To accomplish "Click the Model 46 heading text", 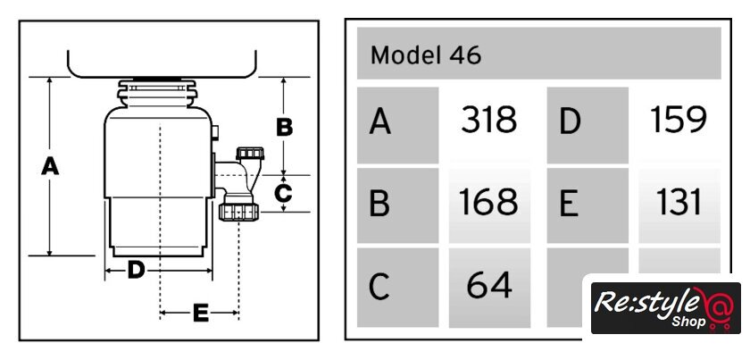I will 426,55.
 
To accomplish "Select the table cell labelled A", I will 397,122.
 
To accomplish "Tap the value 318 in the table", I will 488,120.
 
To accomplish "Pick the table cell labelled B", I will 397,205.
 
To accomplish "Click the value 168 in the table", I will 488,204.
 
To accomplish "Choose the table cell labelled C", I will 397,286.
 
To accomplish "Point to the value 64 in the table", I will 488,285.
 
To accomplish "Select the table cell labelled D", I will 586,122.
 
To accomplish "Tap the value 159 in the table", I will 678,120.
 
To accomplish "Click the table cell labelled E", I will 586,205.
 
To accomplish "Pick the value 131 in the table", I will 678,204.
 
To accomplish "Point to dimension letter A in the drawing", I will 51,166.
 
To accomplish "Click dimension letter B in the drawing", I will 284,127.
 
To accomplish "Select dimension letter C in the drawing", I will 282,192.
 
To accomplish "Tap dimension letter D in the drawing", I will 135,268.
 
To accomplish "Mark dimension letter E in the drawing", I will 200,313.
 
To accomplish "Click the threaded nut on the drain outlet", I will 238,212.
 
